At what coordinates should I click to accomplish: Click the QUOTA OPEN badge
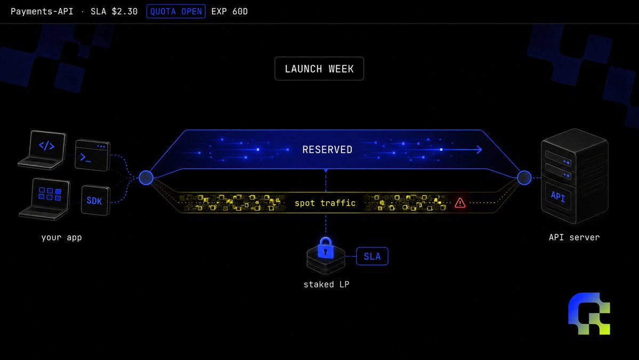(x=176, y=11)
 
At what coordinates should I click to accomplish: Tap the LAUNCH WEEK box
(x=319, y=68)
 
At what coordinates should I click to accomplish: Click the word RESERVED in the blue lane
(x=327, y=150)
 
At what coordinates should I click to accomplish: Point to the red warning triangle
(x=460, y=203)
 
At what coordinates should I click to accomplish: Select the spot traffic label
(x=325, y=203)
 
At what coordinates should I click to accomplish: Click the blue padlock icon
(x=326, y=248)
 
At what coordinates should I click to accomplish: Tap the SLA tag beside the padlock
(x=372, y=256)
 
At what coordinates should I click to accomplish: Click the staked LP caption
(x=326, y=284)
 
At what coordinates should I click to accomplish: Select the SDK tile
(x=95, y=200)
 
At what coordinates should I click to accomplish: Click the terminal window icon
(x=93, y=155)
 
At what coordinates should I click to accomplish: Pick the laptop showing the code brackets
(x=43, y=150)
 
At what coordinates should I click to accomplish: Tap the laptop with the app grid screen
(x=45, y=199)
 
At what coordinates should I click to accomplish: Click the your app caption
(x=61, y=237)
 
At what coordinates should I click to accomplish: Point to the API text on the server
(x=558, y=196)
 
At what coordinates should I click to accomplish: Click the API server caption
(x=574, y=237)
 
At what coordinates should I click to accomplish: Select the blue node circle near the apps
(x=146, y=178)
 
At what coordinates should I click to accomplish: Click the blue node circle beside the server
(x=524, y=178)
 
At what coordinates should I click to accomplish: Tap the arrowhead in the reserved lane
(x=480, y=150)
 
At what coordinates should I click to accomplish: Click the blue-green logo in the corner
(x=589, y=314)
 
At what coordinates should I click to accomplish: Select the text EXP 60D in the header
(x=230, y=11)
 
